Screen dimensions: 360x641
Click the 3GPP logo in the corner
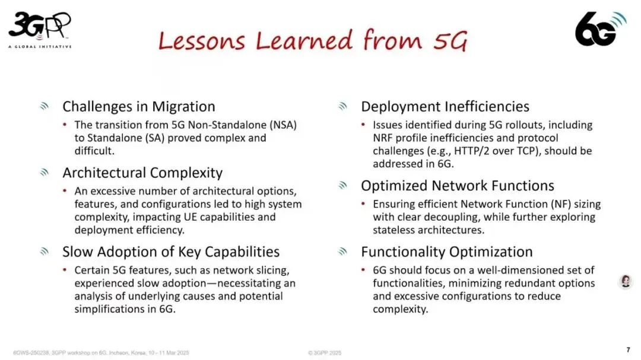(40, 28)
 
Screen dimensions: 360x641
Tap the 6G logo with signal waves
(600, 28)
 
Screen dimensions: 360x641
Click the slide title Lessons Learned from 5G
(312, 40)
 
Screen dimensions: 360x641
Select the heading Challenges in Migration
(139, 107)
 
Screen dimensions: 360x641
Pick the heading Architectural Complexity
(142, 173)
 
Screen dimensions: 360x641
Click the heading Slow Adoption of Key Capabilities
(171, 251)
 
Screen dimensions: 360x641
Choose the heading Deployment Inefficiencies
(445, 107)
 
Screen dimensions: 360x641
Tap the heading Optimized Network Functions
(457, 186)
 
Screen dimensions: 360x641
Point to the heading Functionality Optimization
(446, 251)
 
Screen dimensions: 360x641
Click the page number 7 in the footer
(628, 350)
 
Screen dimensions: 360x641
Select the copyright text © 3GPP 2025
(325, 352)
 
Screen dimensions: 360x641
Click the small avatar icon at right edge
(626, 281)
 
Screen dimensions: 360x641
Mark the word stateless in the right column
(396, 230)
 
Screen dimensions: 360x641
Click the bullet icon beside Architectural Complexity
(44, 173)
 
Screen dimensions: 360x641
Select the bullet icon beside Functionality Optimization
(342, 251)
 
